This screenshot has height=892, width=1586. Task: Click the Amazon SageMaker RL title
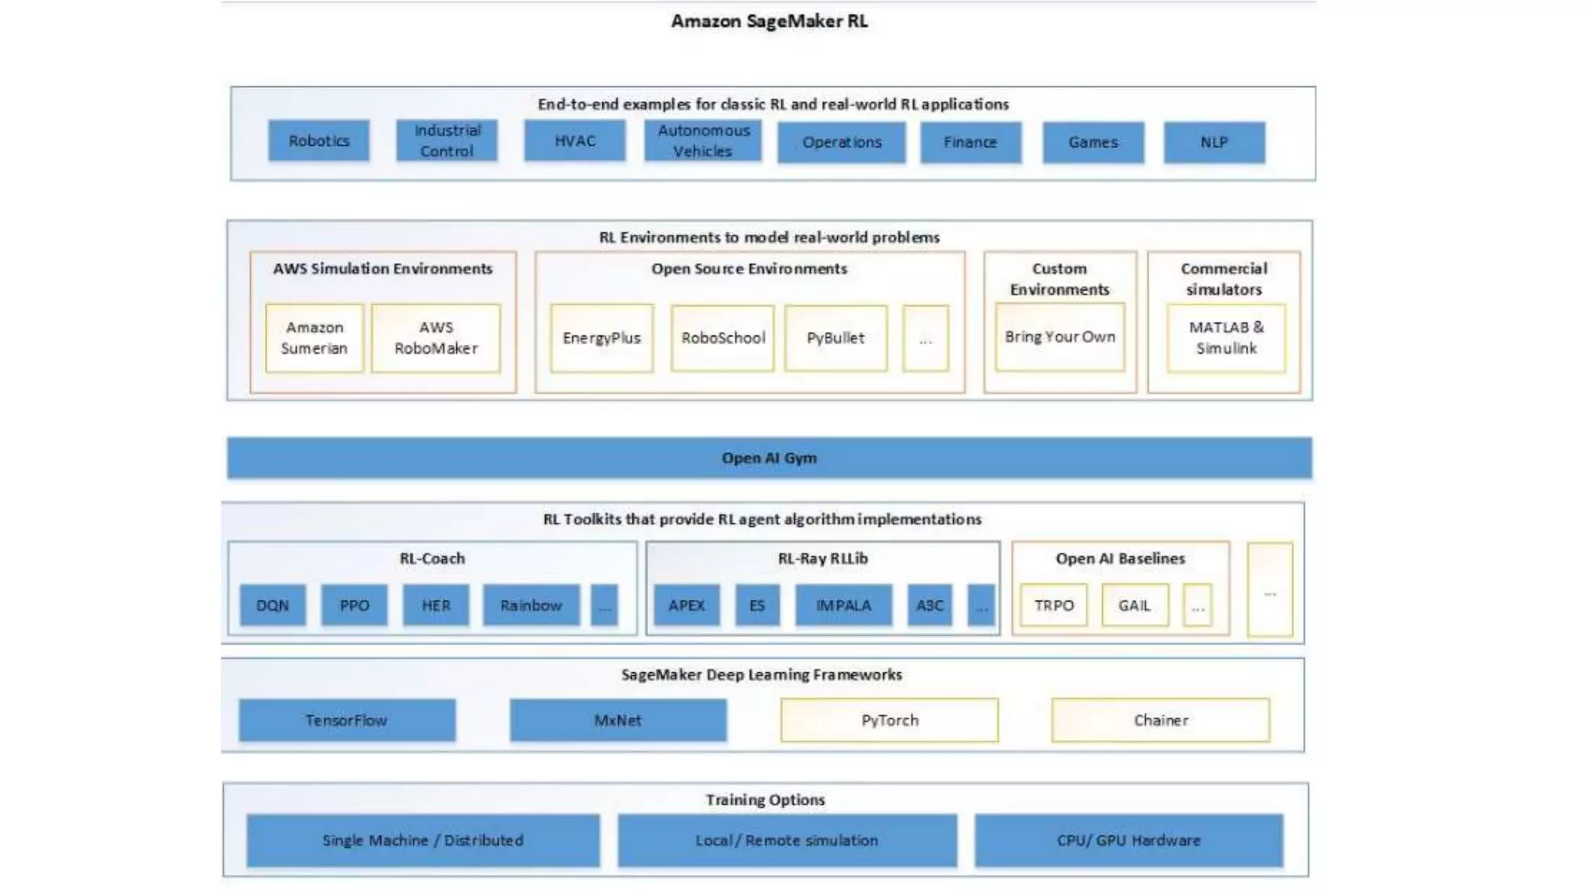[x=768, y=22]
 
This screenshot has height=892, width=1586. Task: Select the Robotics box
[x=318, y=141]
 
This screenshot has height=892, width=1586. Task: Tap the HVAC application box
[x=575, y=141]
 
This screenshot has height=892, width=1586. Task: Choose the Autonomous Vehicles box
[x=702, y=141]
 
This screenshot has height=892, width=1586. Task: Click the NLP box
[x=1214, y=142]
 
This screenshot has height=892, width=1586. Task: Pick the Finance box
[x=970, y=142]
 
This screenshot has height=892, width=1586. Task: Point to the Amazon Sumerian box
[x=314, y=338]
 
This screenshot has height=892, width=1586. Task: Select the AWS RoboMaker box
[x=435, y=338]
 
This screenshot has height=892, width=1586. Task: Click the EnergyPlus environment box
[x=601, y=338]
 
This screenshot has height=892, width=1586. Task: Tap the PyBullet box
[x=835, y=338]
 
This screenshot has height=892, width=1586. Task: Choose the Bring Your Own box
[x=1059, y=337]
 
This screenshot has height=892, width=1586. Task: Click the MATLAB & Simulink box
[x=1225, y=338]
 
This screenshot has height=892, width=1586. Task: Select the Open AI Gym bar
[x=768, y=458]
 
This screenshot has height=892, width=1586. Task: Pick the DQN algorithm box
[x=272, y=605]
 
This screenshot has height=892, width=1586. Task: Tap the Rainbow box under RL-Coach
[x=530, y=605]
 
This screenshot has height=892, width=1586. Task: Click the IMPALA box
[x=843, y=605]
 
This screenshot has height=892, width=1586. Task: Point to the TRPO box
[x=1053, y=605]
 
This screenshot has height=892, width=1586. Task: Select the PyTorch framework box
[x=889, y=720]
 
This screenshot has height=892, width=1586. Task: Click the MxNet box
[x=617, y=720]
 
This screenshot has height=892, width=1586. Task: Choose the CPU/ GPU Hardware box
[x=1128, y=840]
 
